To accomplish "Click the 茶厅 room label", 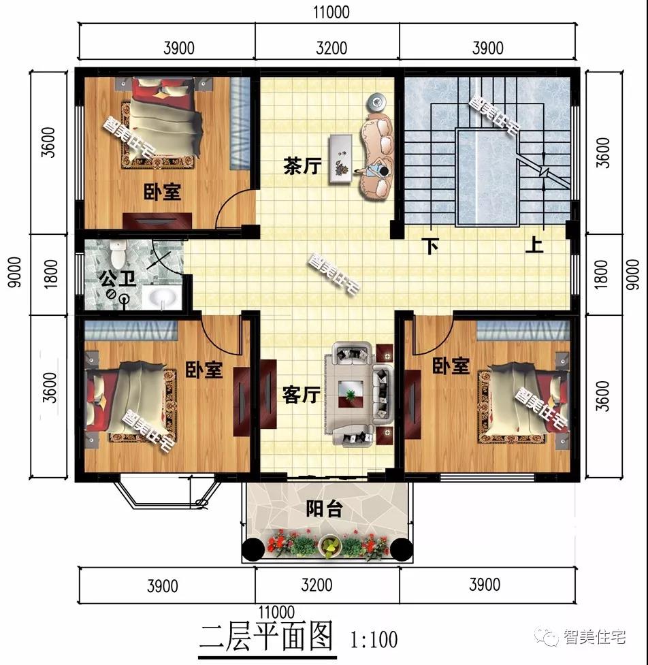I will [302, 166].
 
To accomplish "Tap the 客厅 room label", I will [301, 395].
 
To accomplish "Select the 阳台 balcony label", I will [323, 508].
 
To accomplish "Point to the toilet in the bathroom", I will [118, 253].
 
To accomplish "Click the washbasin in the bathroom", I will [161, 297].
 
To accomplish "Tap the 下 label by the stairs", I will [430, 246].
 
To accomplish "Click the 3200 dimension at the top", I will [331, 48].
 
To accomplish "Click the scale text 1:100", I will [374, 639].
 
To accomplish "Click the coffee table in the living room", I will [353, 392].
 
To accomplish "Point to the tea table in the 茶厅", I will [339, 159].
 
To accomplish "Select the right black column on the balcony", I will [400, 547].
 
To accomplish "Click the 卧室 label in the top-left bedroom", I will [163, 192].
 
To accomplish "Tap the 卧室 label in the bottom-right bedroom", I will [451, 366].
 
